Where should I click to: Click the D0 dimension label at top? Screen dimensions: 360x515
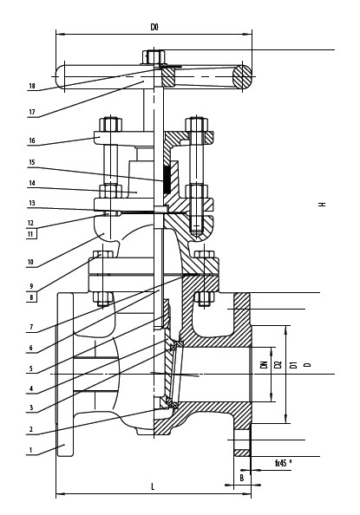click(154, 27)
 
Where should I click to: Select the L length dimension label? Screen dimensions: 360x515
click(153, 486)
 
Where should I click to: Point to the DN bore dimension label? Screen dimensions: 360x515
click(264, 364)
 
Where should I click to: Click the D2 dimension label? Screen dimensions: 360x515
click(278, 364)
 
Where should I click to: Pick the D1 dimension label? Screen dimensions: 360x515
click(294, 364)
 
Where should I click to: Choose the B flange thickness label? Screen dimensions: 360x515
click(242, 478)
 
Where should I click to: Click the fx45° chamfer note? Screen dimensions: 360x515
click(284, 463)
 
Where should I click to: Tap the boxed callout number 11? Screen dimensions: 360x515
click(31, 234)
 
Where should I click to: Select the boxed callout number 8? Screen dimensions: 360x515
click(31, 297)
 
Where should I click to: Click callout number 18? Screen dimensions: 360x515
click(32, 86)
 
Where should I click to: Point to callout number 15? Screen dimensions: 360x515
click(32, 162)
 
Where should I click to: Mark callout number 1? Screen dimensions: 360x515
click(31, 450)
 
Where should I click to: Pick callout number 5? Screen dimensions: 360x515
click(31, 368)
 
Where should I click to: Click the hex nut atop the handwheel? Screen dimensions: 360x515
click(154, 57)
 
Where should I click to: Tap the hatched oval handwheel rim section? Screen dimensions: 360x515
click(242, 77)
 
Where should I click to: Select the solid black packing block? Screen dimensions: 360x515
click(167, 179)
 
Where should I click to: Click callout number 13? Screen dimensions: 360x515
click(32, 203)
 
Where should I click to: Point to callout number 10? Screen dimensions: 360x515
click(30, 262)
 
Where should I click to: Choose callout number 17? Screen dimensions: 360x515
click(32, 112)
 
